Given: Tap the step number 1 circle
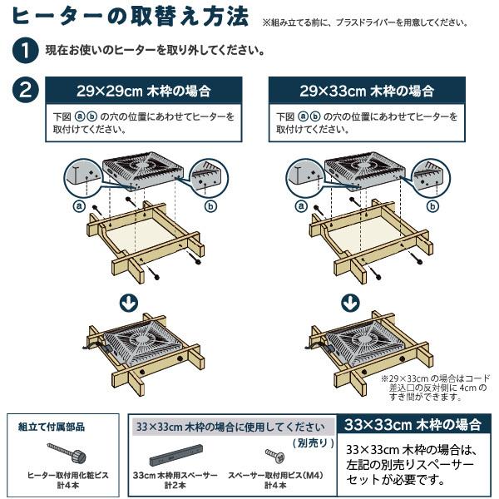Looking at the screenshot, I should click(24, 51).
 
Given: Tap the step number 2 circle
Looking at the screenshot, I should click(24, 89).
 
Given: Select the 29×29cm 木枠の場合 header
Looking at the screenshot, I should click(142, 89).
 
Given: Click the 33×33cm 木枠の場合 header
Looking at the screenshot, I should click(413, 424).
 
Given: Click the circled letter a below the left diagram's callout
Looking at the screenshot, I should click(80, 205).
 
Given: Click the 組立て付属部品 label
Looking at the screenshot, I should click(52, 427).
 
